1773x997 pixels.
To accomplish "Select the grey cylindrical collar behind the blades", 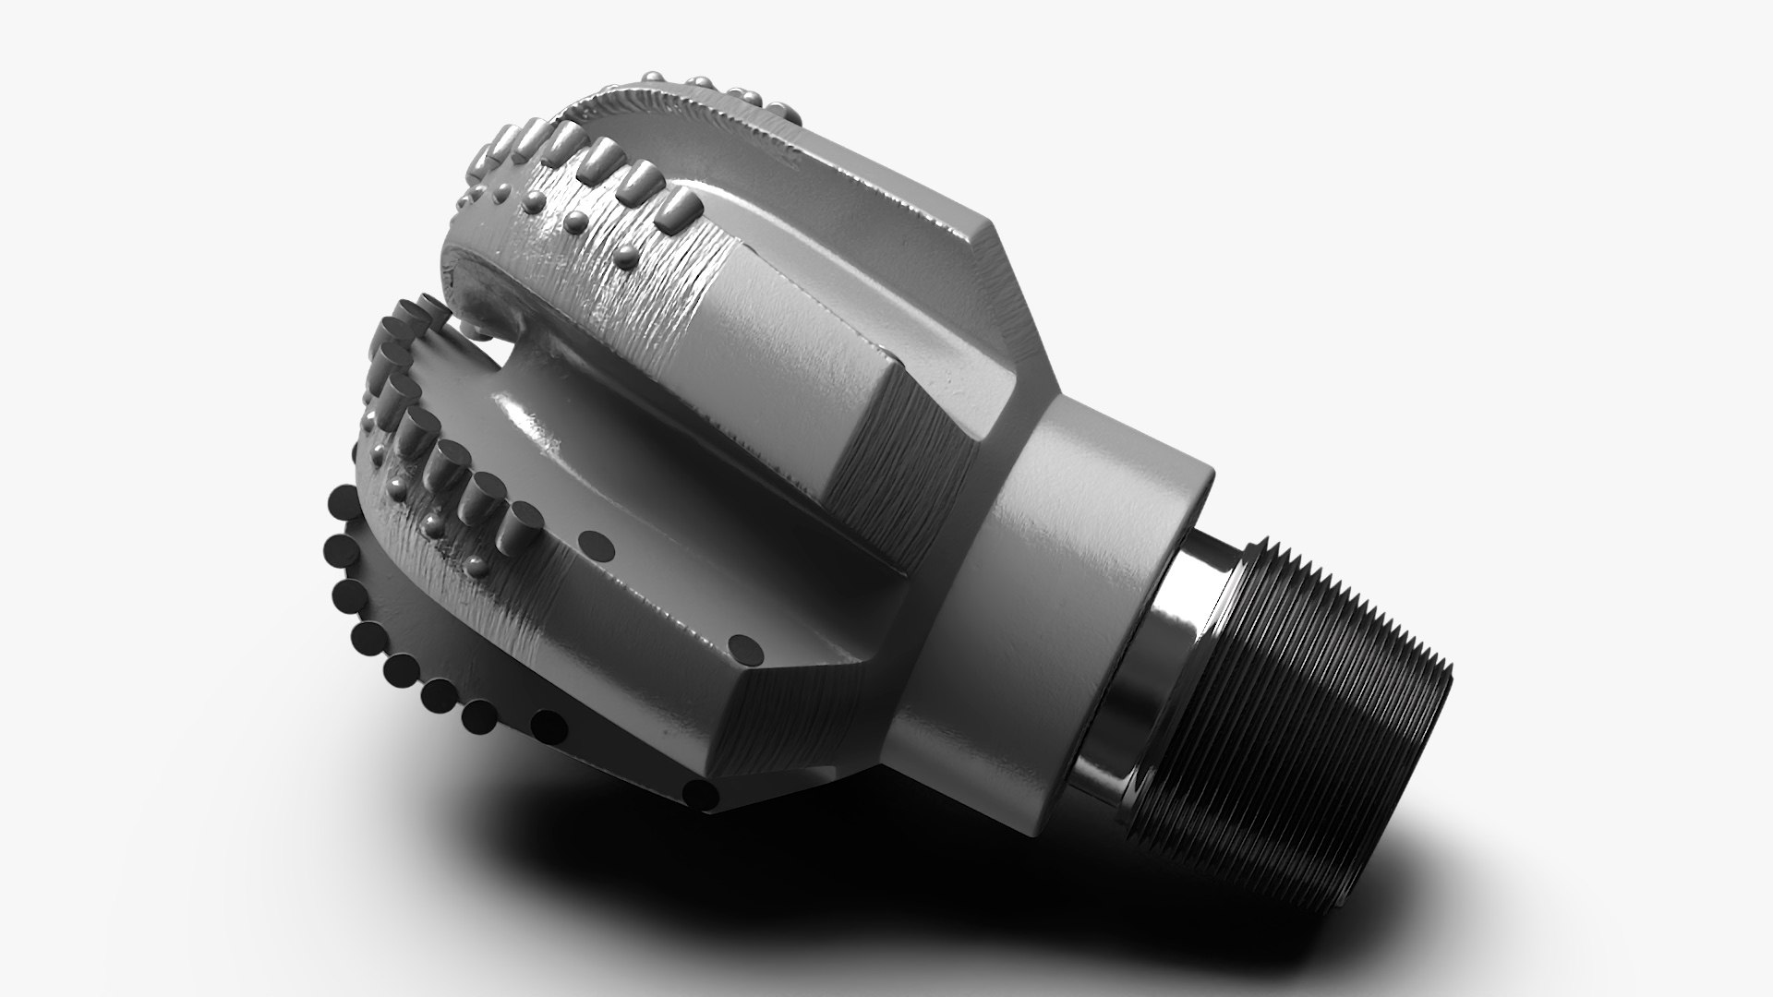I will [x=1062, y=572].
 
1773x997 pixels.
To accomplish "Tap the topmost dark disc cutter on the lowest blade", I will [x=341, y=504].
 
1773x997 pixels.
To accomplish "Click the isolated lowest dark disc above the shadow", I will [x=702, y=791].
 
